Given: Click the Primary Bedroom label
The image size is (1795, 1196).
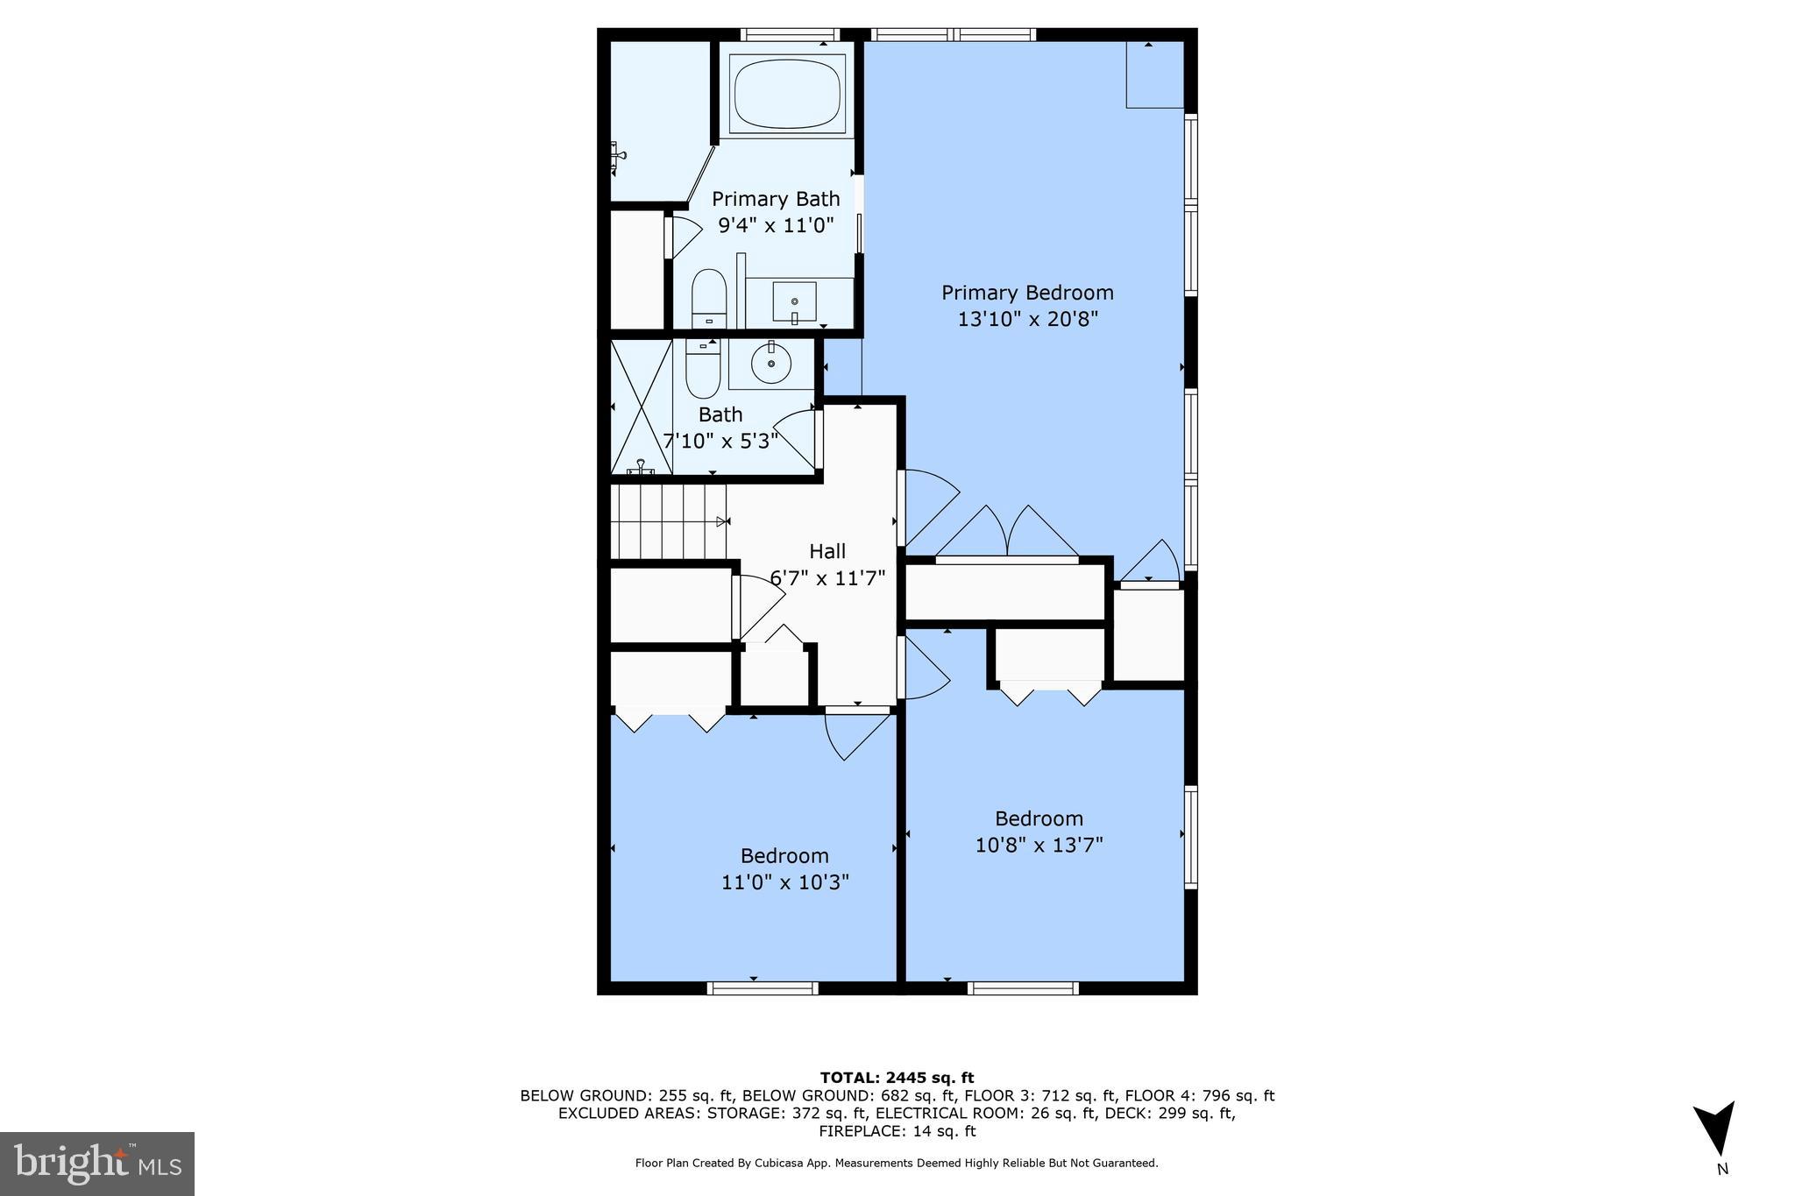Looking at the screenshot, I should tap(1027, 293).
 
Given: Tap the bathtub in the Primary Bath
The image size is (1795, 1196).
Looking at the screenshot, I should tap(787, 93).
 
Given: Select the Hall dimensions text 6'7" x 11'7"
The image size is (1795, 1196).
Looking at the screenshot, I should tap(827, 578).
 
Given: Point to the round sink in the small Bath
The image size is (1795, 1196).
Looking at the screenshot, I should tap(771, 364).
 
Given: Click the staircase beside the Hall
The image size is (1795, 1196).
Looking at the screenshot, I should tap(668, 523).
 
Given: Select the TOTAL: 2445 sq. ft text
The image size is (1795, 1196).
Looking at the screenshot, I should tap(897, 1078).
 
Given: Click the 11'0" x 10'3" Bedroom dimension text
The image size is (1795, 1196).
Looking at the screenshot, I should tap(784, 882).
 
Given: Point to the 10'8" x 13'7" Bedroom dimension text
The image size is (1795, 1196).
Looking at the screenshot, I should tap(1039, 846).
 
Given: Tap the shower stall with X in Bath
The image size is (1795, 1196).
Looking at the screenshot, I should tap(641, 407).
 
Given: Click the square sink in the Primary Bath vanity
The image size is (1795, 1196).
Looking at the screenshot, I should tap(794, 302).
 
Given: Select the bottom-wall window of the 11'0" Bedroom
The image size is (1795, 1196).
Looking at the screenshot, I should tap(763, 988).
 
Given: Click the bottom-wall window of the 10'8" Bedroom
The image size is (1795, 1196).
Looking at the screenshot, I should tap(1023, 988).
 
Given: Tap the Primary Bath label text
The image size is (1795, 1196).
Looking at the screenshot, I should tap(775, 199).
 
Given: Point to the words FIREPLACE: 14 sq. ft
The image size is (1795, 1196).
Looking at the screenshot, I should tap(897, 1131).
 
